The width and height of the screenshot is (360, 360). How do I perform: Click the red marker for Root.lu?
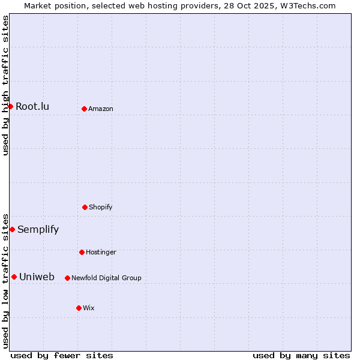point(10,106)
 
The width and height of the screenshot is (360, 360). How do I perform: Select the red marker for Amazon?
point(84,109)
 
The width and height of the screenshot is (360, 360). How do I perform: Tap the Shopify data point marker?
point(85,207)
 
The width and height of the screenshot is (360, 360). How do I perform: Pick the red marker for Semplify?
point(12,229)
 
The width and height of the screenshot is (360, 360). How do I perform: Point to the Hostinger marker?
point(82,252)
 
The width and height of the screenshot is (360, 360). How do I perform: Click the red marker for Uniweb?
point(14,277)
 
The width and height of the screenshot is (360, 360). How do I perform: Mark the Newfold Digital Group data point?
point(67,278)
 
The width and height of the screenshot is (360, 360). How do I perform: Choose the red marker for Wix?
point(79,308)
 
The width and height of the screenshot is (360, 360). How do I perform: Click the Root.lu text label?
point(32,107)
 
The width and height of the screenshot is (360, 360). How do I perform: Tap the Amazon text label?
point(101,109)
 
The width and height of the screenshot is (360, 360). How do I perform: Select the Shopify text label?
point(101,207)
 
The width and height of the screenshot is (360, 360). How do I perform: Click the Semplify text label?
point(38,229)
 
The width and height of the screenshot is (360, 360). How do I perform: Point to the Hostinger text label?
point(101,252)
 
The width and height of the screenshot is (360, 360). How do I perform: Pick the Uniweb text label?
point(37,277)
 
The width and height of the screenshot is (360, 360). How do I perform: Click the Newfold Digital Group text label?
point(106,278)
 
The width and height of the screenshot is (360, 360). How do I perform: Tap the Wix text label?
point(89,308)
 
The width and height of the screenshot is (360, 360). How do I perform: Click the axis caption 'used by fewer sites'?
point(62,355)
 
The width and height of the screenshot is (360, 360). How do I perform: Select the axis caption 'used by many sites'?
point(301,355)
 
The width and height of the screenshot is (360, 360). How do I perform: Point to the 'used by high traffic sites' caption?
point(5,85)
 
